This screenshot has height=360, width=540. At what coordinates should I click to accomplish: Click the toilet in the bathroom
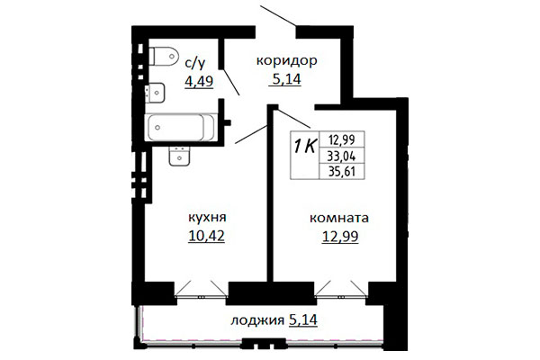point(164,55)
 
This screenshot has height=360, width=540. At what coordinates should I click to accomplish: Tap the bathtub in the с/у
point(181,128)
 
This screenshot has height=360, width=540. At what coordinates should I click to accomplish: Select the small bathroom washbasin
point(155,93)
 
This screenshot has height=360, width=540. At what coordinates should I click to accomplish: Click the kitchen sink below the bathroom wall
point(179,156)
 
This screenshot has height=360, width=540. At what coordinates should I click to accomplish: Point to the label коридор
point(286,61)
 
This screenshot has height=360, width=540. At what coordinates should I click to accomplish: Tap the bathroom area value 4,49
point(199,81)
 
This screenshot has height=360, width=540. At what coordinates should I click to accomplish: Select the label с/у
point(195,63)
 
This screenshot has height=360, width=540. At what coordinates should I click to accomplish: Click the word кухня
point(207,218)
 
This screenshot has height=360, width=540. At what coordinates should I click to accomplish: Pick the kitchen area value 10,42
point(207,236)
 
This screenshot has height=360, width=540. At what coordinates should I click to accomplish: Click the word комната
point(339,219)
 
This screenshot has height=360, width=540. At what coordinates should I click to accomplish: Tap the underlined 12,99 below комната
point(340,237)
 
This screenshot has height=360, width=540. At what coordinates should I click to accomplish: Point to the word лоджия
point(257,321)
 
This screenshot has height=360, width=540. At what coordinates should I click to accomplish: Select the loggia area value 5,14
point(303,320)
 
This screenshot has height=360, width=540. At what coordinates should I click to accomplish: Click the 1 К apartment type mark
point(305,147)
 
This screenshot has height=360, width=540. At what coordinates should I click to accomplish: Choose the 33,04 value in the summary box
point(342,157)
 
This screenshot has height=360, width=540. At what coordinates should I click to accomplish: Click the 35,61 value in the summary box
point(342,171)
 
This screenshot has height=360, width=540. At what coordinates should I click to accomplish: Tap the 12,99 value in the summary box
point(342,139)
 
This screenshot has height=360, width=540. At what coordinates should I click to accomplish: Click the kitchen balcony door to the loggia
point(201,290)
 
